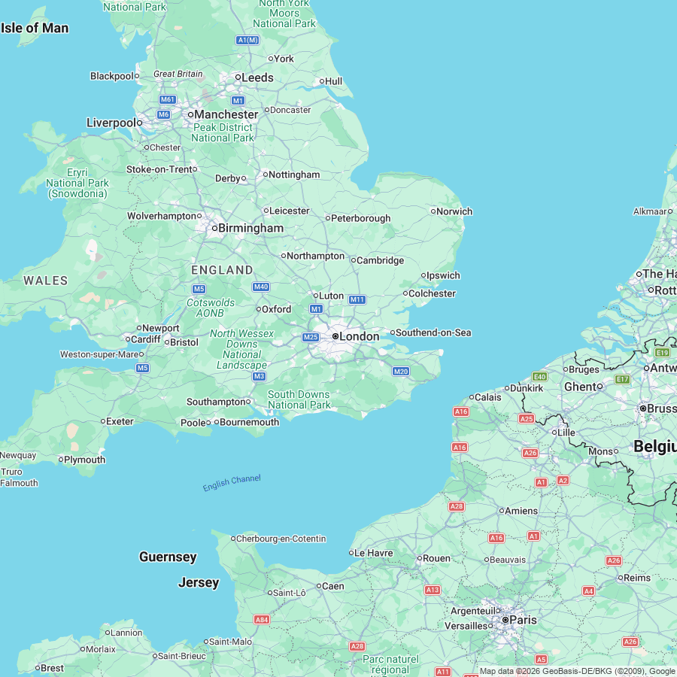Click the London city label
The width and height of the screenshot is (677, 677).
click(x=359, y=336)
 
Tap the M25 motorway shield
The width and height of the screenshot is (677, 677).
click(x=311, y=337)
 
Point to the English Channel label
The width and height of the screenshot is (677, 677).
click(x=232, y=483)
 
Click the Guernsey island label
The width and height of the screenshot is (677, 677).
click(x=168, y=557)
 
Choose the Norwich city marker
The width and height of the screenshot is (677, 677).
click(x=433, y=211)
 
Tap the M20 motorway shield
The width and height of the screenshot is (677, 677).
click(x=400, y=372)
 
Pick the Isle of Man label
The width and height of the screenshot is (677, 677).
click(x=35, y=28)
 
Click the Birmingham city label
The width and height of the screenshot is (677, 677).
click(x=250, y=228)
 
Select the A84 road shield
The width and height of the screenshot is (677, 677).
click(x=262, y=620)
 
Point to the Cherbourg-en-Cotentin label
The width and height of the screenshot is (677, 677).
click(x=281, y=539)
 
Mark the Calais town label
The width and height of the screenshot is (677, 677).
click(x=487, y=397)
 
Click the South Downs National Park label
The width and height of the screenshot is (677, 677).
click(x=299, y=399)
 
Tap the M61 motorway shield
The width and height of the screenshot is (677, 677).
click(x=168, y=100)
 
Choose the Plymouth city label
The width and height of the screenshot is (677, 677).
click(x=84, y=460)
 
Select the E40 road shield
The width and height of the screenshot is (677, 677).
click(x=539, y=376)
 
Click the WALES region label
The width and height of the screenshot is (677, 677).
click(x=45, y=281)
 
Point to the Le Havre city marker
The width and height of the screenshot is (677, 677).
click(x=351, y=553)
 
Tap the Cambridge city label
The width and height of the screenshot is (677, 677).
click(x=380, y=260)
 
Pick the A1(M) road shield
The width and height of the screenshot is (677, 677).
click(x=247, y=40)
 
